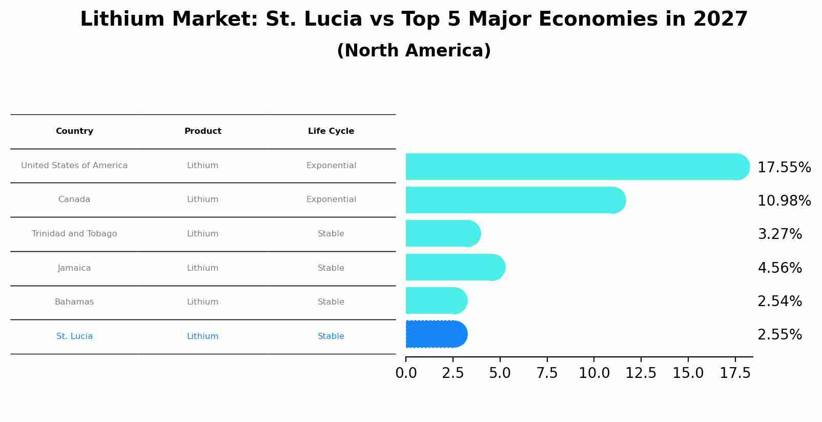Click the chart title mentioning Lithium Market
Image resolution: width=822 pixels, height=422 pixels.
tap(414, 19)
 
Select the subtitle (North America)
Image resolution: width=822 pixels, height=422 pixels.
tap(414, 51)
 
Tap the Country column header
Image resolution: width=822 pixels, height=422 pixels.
tap(74, 131)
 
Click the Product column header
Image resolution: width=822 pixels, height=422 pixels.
tap(203, 131)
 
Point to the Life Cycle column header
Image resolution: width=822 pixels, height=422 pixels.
tap(331, 131)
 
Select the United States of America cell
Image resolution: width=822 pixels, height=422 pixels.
tap(74, 166)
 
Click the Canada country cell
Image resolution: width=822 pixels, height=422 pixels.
tap(74, 199)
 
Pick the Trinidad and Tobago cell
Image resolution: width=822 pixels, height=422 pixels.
tap(74, 234)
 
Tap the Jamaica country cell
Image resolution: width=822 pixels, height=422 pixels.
tap(74, 268)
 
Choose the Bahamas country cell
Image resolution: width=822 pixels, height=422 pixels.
tap(74, 302)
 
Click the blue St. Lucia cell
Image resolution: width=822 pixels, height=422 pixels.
tap(74, 336)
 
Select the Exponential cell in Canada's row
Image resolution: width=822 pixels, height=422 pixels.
tap(331, 199)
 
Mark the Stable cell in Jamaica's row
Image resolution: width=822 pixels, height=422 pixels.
tap(331, 268)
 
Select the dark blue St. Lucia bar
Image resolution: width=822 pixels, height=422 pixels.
tap(436, 334)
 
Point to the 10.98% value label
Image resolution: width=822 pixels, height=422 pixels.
tap(784, 201)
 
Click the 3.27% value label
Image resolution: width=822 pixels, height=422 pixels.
tap(779, 234)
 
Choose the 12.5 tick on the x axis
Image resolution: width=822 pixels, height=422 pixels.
tap(641, 373)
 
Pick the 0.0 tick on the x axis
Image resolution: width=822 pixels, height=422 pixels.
tap(406, 373)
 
